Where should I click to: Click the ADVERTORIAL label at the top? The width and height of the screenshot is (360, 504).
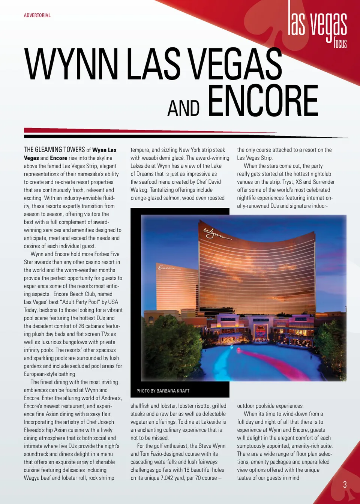coord(37,15)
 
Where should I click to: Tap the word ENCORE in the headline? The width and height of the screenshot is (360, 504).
coord(262,101)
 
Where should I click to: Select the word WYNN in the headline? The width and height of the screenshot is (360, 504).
coord(71,64)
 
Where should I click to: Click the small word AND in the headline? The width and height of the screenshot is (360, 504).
coord(183,108)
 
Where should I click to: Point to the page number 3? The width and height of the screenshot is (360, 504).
coord(345,484)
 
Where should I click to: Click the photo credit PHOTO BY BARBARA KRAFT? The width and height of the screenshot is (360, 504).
coord(163,391)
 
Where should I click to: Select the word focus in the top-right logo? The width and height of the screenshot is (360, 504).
coord(340,43)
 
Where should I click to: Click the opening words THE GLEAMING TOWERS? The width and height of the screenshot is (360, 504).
coord(54,150)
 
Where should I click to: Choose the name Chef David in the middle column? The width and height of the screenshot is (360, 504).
coord(208,182)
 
